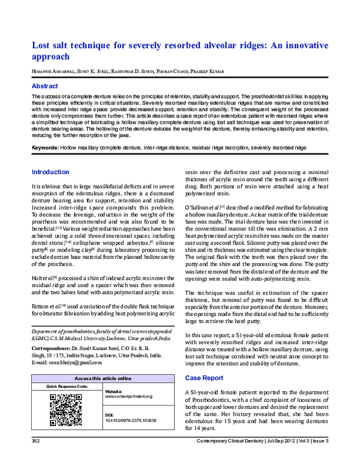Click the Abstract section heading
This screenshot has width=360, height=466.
[46, 86]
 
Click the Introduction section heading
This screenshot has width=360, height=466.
[50, 172]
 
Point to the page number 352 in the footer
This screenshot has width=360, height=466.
[35, 459]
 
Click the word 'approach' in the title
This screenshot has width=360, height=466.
[52, 59]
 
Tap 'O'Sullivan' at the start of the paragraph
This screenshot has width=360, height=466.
[200, 224]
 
